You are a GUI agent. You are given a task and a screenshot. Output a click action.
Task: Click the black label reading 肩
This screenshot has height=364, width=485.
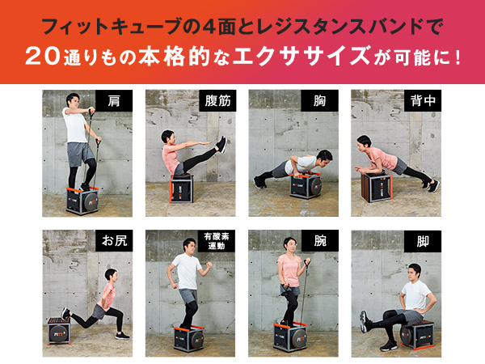(x=114, y=101)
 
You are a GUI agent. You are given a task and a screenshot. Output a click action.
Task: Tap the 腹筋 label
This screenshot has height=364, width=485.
(x=217, y=101)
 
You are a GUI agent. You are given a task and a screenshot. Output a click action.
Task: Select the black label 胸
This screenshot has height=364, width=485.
(x=319, y=101)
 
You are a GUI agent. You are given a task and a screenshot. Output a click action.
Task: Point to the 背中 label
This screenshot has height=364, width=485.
(x=423, y=101)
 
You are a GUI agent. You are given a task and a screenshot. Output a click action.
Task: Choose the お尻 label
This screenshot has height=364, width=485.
(x=114, y=240)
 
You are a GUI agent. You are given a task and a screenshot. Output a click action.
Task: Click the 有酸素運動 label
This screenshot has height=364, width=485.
(x=217, y=241)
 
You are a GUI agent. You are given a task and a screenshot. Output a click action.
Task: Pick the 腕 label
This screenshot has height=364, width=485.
(x=320, y=240)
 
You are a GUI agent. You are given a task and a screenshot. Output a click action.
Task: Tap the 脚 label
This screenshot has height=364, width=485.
(x=423, y=241)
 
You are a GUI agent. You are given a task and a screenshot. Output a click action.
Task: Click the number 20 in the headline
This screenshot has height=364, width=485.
(x=43, y=56)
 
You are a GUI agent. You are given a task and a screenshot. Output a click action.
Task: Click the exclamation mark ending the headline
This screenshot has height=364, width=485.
(x=458, y=57)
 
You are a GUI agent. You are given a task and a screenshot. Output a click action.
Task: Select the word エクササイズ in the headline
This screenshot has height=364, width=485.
(x=302, y=56)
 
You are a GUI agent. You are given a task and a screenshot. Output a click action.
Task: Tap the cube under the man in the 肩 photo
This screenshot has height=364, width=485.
(x=82, y=201)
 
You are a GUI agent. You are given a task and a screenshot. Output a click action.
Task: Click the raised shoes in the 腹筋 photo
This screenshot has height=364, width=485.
(x=221, y=144)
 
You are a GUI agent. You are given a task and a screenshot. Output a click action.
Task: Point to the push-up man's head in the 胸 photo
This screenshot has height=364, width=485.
(x=324, y=158)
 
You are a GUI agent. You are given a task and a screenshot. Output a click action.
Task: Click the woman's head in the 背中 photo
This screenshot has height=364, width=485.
(x=364, y=142)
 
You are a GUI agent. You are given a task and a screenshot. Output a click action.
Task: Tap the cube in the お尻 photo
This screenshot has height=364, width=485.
(x=60, y=331)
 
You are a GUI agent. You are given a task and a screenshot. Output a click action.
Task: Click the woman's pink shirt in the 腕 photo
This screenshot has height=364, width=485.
(x=289, y=270)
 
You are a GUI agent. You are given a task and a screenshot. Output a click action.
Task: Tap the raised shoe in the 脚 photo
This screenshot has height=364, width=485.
(x=364, y=322)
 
